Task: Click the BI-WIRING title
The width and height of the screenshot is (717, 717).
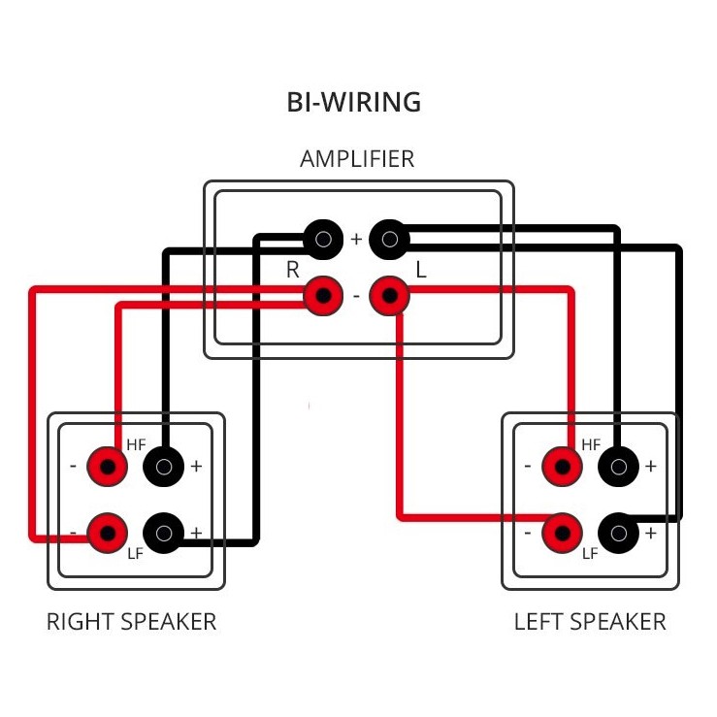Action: (353, 102)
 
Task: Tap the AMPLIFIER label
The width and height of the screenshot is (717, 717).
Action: (357, 159)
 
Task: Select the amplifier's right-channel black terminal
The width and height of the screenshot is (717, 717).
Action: (323, 239)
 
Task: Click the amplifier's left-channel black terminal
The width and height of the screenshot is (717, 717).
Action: (389, 239)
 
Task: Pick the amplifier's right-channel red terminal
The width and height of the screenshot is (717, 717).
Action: (323, 296)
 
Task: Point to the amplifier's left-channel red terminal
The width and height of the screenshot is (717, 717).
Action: (389, 296)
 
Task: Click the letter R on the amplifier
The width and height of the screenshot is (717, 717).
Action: (293, 270)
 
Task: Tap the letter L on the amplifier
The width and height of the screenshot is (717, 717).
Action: (421, 270)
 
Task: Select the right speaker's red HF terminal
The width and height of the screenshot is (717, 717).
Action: (108, 467)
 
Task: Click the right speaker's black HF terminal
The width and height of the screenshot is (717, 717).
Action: (164, 467)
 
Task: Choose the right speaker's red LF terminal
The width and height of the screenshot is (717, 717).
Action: (108, 534)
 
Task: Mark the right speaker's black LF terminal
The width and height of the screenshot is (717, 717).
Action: (164, 534)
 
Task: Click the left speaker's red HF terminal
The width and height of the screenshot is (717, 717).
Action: (563, 467)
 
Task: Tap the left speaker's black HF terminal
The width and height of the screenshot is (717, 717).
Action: (619, 467)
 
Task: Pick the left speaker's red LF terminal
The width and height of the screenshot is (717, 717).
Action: (563, 534)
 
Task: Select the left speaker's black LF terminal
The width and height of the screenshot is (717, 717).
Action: (619, 534)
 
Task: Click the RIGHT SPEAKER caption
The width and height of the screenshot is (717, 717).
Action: (132, 622)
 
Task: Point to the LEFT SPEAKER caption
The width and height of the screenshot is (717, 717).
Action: (590, 622)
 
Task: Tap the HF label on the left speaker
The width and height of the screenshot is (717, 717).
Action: (591, 444)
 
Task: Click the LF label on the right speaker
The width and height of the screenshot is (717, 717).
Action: (136, 554)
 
